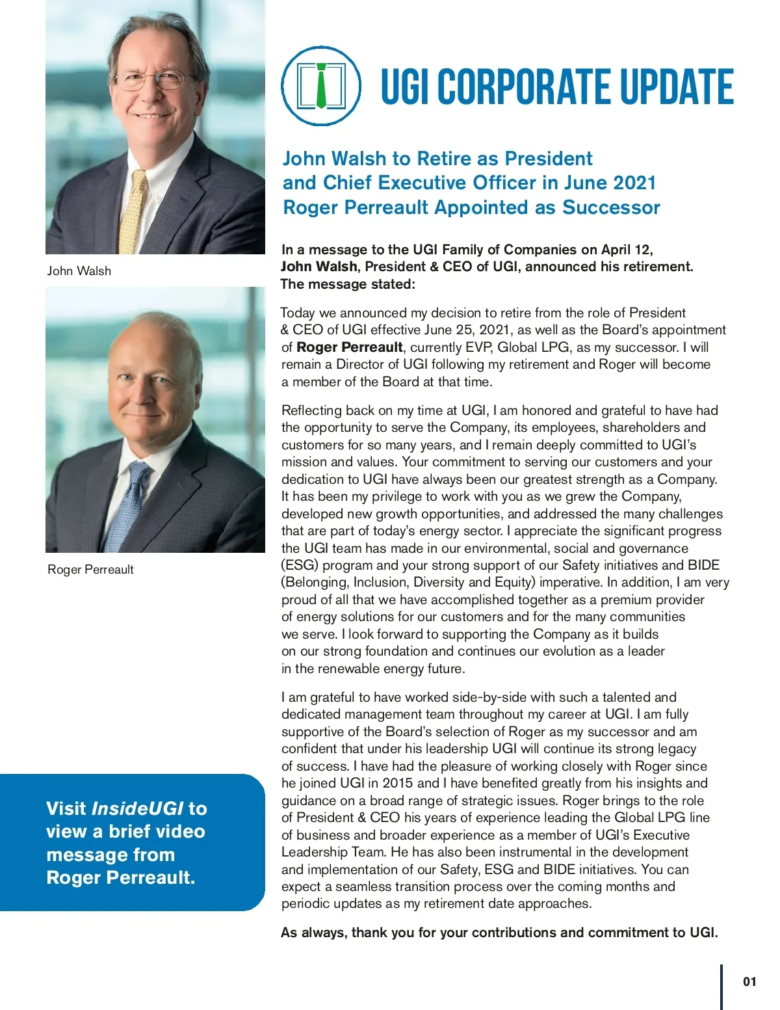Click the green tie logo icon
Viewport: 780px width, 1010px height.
click(321, 85)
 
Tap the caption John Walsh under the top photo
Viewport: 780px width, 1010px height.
click(79, 271)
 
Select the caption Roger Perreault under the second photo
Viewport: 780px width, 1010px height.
click(90, 570)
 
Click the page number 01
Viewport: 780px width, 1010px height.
click(749, 981)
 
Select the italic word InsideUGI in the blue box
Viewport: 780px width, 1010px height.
click(138, 808)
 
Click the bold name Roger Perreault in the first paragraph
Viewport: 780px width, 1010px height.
click(350, 347)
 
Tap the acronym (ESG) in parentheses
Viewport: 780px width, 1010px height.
click(300, 565)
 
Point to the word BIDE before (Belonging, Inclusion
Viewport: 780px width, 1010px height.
click(704, 565)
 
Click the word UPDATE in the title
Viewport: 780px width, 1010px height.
click(676, 87)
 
